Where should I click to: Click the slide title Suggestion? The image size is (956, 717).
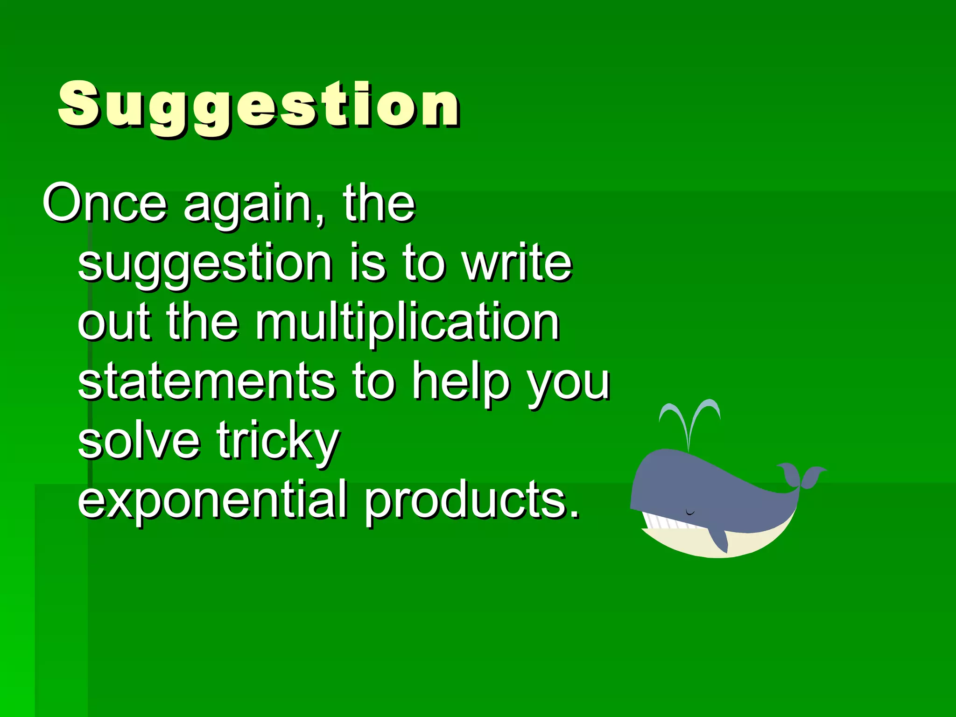tap(259, 105)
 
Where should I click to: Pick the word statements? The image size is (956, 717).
tap(206, 381)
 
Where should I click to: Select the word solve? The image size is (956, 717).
tap(139, 441)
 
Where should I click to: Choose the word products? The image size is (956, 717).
tap(471, 500)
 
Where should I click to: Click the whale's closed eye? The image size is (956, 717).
tap(690, 513)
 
